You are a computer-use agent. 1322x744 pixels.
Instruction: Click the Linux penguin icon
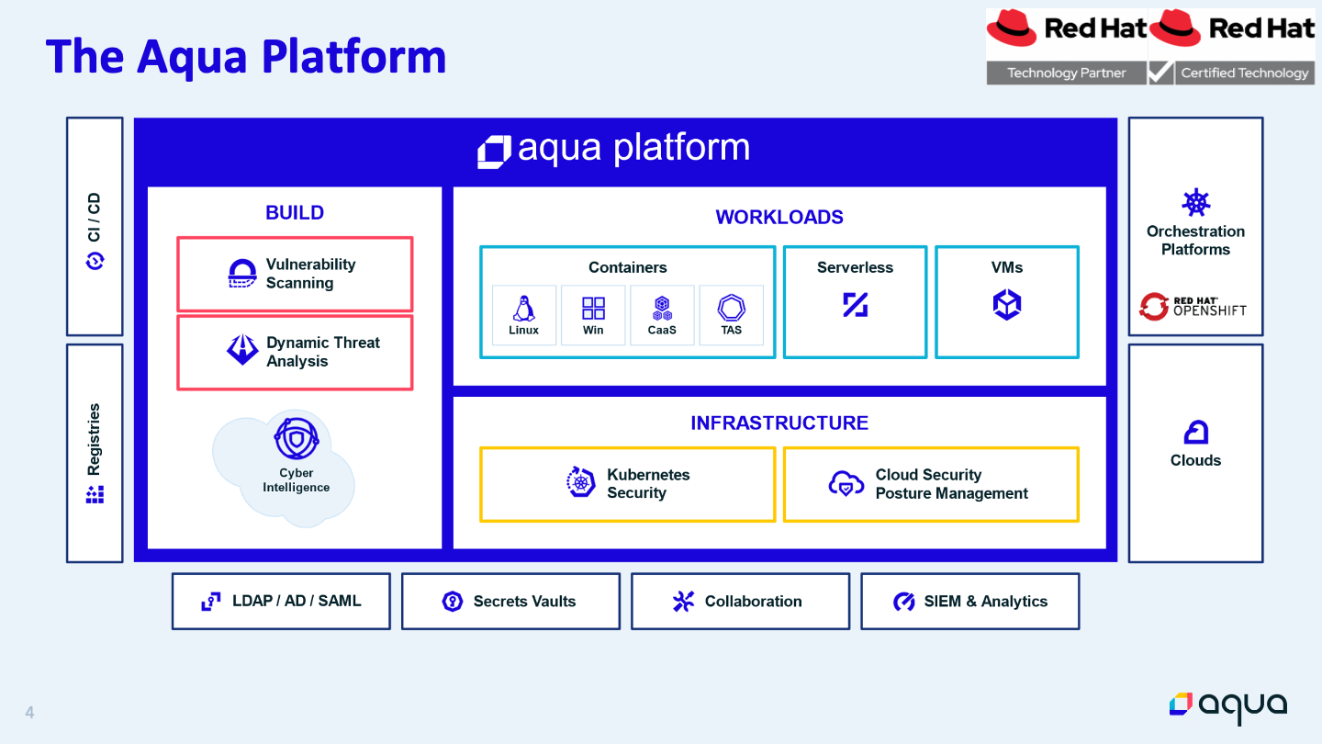coord(523,309)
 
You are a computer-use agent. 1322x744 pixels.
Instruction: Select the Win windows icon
coord(593,309)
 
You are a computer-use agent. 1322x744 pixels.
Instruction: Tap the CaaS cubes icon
coord(662,309)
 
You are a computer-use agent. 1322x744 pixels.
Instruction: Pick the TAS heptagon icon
coord(731,308)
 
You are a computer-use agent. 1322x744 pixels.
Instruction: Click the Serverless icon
coord(856,305)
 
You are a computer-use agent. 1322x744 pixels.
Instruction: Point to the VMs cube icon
coord(1007,305)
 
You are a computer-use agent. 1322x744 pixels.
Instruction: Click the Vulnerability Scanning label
coord(310,274)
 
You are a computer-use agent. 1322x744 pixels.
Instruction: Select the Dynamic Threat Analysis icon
coord(242,350)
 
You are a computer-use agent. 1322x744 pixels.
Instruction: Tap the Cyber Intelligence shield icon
coord(297,438)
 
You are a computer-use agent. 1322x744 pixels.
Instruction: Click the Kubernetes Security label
coord(648,483)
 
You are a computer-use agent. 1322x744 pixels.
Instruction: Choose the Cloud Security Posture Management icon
coord(846,483)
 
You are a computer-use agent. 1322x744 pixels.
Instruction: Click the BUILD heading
coord(295,212)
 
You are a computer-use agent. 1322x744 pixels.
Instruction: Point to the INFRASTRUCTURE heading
coord(779,423)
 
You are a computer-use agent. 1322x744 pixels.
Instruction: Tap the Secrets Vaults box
coord(511,601)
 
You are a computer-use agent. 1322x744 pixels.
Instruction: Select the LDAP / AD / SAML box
coord(281,601)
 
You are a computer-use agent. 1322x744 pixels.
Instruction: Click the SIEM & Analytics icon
coord(903,602)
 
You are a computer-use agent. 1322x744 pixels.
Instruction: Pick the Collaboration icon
coord(683,602)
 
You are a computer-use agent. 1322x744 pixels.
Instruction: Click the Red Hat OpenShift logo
coord(1193,307)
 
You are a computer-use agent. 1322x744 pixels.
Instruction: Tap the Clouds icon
coord(1195,433)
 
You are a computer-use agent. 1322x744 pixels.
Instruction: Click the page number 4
coord(29,712)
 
